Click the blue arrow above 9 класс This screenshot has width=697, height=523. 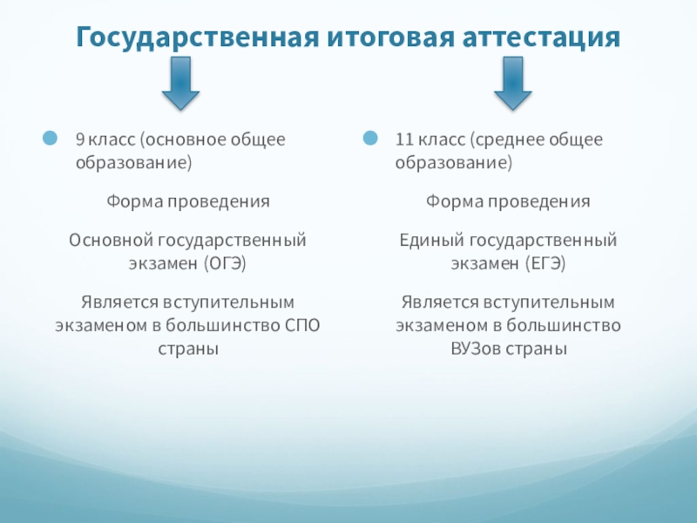click(181, 84)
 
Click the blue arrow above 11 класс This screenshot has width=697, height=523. click(514, 84)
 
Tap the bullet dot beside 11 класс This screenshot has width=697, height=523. click(371, 139)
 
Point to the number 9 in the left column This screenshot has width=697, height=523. click(79, 139)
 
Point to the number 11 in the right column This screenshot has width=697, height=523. click(403, 139)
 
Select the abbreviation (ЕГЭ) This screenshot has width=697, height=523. click(546, 261)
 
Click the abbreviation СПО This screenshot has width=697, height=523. click(302, 326)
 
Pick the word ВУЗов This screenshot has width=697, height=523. click(475, 349)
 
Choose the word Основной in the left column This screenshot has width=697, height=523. click(105, 239)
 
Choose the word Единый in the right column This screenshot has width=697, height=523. click(430, 239)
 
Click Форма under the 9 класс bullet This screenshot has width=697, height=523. click(132, 201)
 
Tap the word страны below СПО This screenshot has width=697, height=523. click(188, 349)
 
